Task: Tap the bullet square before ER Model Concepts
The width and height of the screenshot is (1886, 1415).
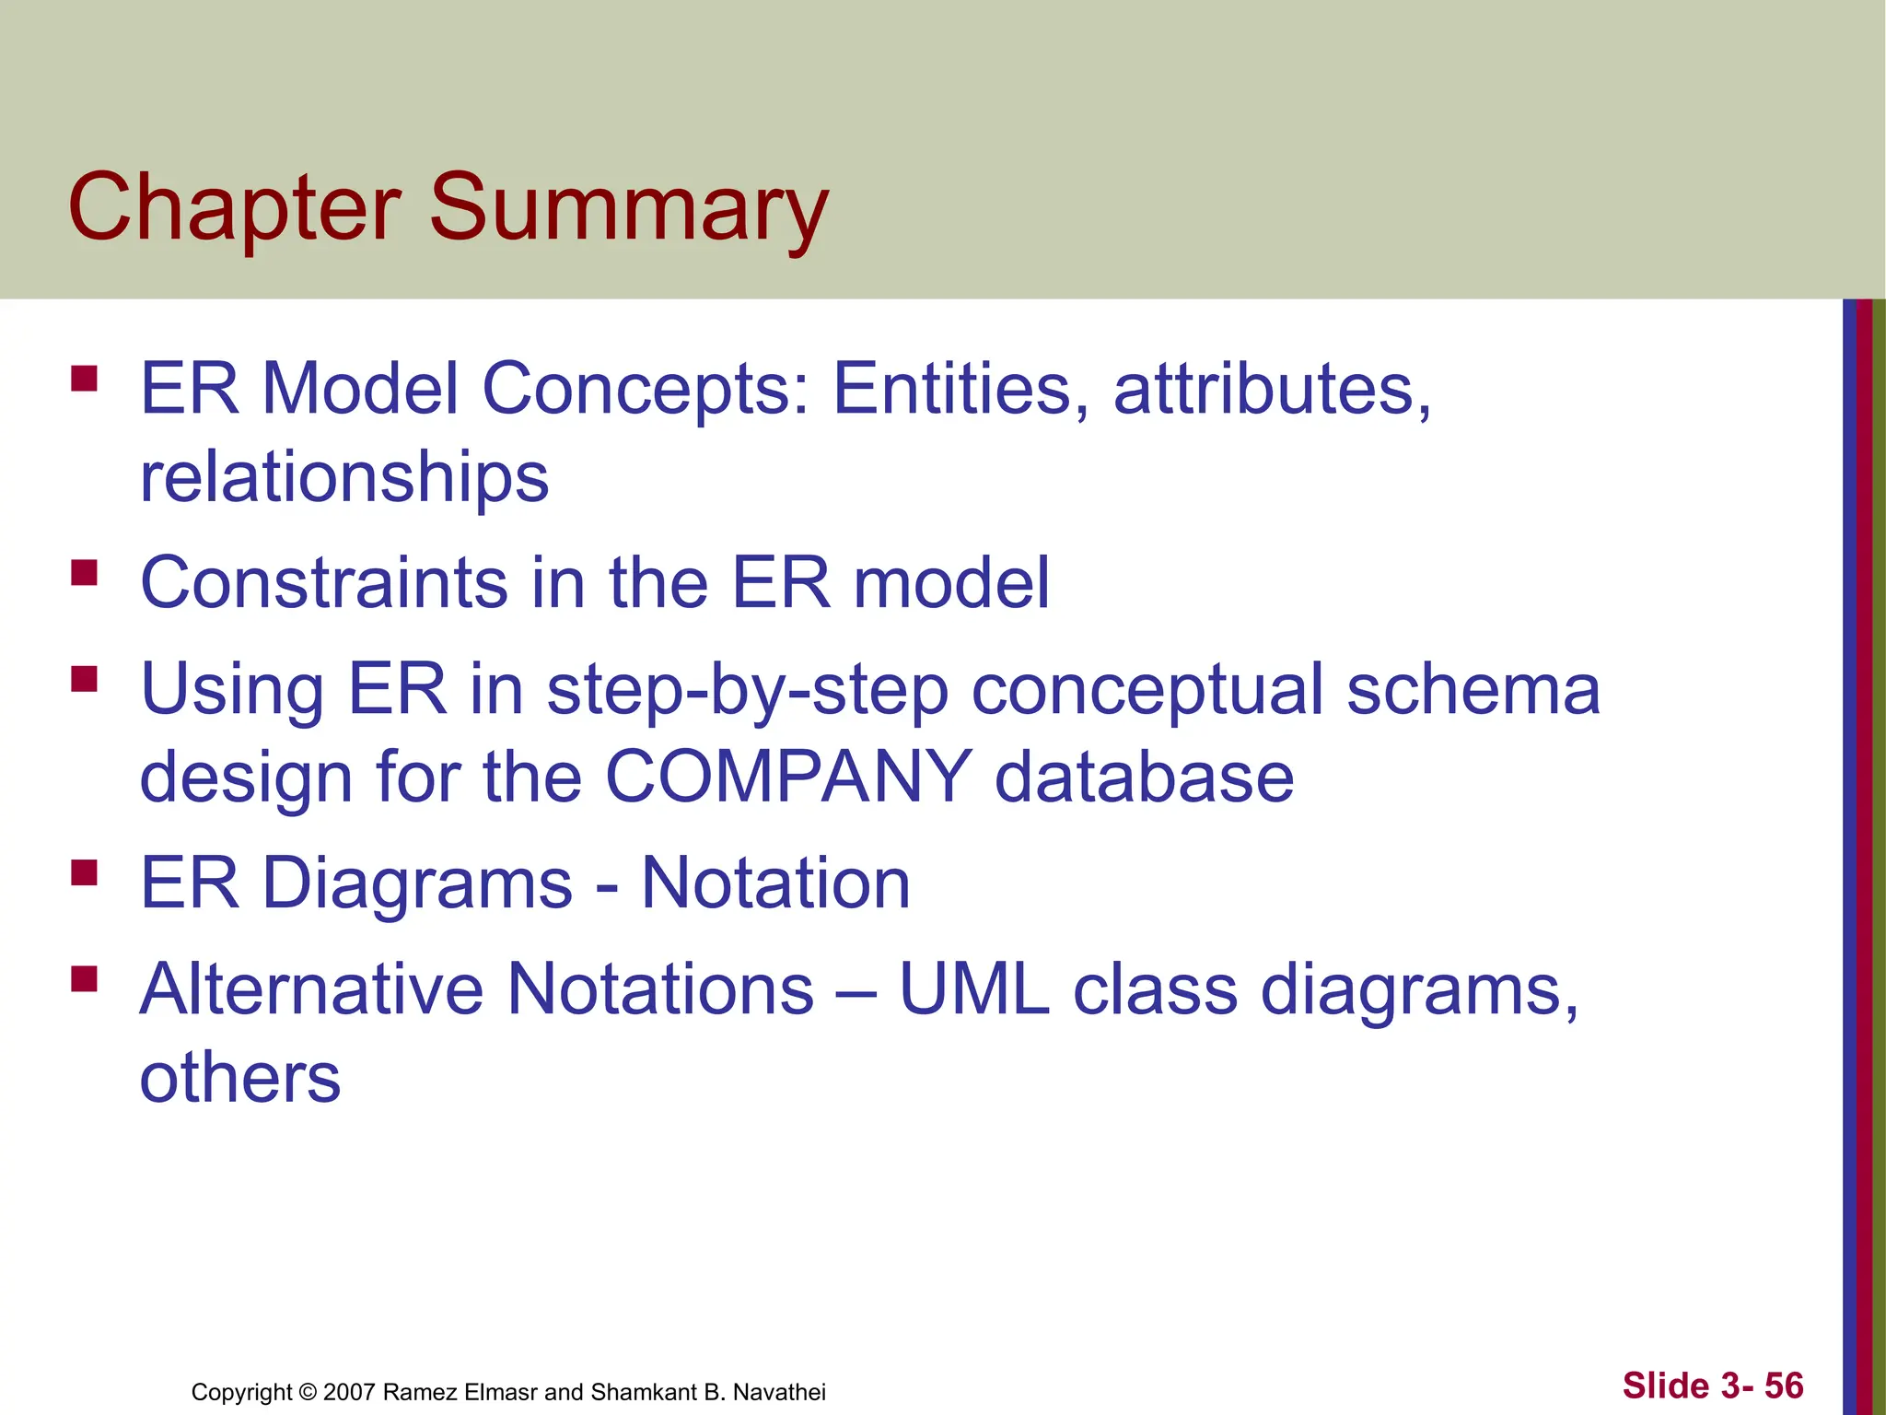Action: (x=84, y=380)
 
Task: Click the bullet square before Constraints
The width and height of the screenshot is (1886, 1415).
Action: (x=84, y=573)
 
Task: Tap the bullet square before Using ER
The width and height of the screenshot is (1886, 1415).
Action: (x=84, y=680)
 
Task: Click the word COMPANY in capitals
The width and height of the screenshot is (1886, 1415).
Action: (x=788, y=777)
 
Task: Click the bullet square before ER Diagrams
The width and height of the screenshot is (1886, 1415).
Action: (x=84, y=872)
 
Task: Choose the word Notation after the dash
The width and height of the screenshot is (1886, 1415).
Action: (x=775, y=883)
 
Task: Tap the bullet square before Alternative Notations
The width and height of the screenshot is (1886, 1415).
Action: (x=84, y=978)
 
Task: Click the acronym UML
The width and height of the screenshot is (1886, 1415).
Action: (x=974, y=989)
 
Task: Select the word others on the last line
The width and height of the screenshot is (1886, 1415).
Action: (x=240, y=1077)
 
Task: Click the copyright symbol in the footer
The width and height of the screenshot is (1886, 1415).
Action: (x=308, y=1392)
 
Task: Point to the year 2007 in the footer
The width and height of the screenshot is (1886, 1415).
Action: (x=349, y=1392)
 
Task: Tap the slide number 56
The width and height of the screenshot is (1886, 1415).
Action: (x=1784, y=1386)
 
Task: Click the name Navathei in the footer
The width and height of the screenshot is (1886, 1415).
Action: (x=779, y=1392)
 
